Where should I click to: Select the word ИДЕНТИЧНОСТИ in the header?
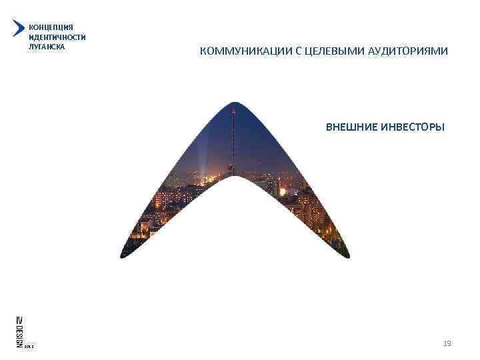click(57, 37)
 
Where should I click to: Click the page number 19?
click(447, 343)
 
